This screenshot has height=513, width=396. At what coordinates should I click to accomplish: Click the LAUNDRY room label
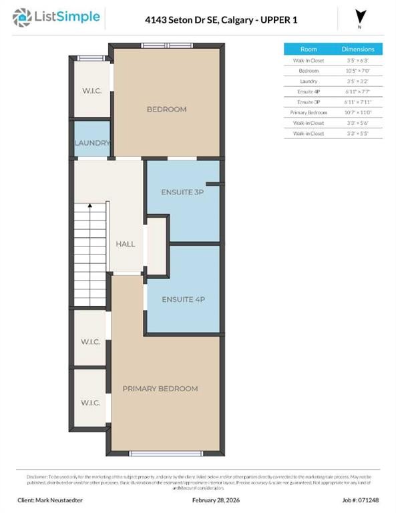tap(92, 143)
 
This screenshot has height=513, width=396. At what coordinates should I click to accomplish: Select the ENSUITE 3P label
tap(182, 192)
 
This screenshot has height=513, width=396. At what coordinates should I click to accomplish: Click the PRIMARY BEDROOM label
tap(160, 388)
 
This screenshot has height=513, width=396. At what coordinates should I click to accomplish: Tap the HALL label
tap(126, 244)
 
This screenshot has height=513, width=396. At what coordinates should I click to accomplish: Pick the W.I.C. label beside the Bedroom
tap(92, 91)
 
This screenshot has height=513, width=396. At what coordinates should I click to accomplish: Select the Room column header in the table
tap(309, 49)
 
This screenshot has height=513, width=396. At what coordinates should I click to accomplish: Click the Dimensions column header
tap(358, 49)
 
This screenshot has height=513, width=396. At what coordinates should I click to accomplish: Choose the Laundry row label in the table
tap(309, 80)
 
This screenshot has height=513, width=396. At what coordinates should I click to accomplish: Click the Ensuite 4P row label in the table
tap(309, 92)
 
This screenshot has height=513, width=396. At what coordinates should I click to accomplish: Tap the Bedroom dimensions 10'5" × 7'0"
tap(358, 70)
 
